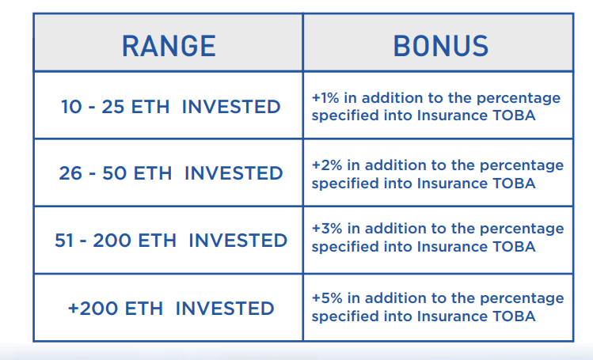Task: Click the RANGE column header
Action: [x=169, y=46]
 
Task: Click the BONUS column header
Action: [x=441, y=46]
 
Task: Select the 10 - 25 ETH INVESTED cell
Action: [x=170, y=107]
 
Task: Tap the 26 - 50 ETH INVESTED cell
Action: [x=170, y=173]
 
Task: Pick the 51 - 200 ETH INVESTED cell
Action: [x=171, y=241]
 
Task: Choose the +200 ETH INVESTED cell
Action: [x=171, y=309]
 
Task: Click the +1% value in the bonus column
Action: [x=325, y=98]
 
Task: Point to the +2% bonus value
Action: [x=327, y=165]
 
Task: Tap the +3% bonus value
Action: [x=327, y=229]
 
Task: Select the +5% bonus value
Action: [x=327, y=298]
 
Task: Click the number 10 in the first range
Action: [x=71, y=107]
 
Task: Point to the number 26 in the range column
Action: [x=70, y=173]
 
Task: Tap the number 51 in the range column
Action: [x=64, y=241]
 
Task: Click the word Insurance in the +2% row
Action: [x=452, y=184]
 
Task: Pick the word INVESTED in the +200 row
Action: [x=225, y=309]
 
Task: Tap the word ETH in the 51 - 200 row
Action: [x=158, y=241]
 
